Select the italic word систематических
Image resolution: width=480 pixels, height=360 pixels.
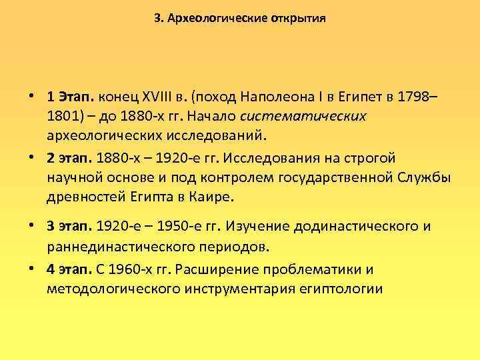[303, 116]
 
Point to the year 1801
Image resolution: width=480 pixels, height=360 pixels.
[63, 116]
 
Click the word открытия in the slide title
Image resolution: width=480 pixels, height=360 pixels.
[298, 19]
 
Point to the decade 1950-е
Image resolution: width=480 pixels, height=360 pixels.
[151, 227]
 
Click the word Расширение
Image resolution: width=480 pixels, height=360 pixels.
[221, 270]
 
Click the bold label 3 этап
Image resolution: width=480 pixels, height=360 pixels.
[70, 227]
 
